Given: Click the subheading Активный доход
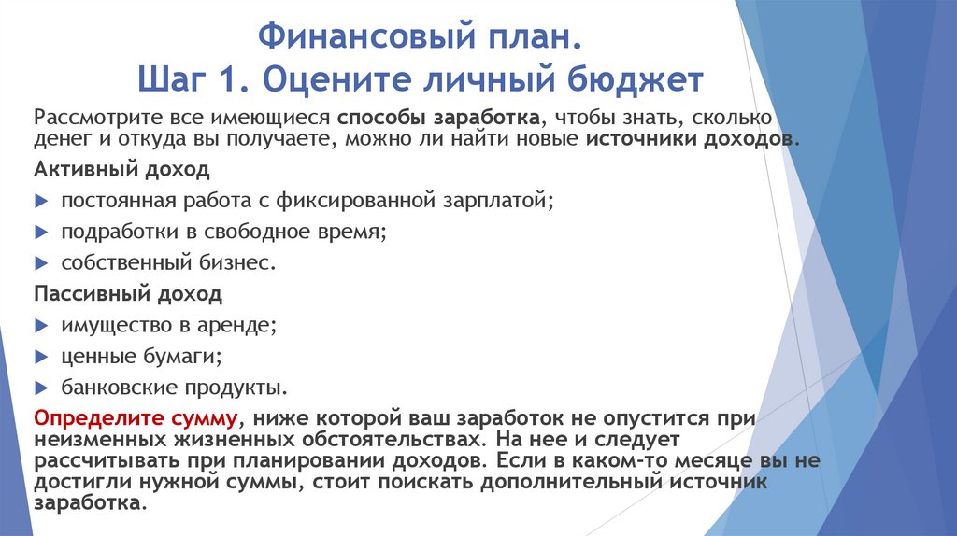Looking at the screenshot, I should pyautogui.click(x=121, y=171).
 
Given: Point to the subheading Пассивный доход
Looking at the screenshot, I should pyautogui.click(x=128, y=295).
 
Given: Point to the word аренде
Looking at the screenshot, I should pyautogui.click(x=244, y=325).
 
